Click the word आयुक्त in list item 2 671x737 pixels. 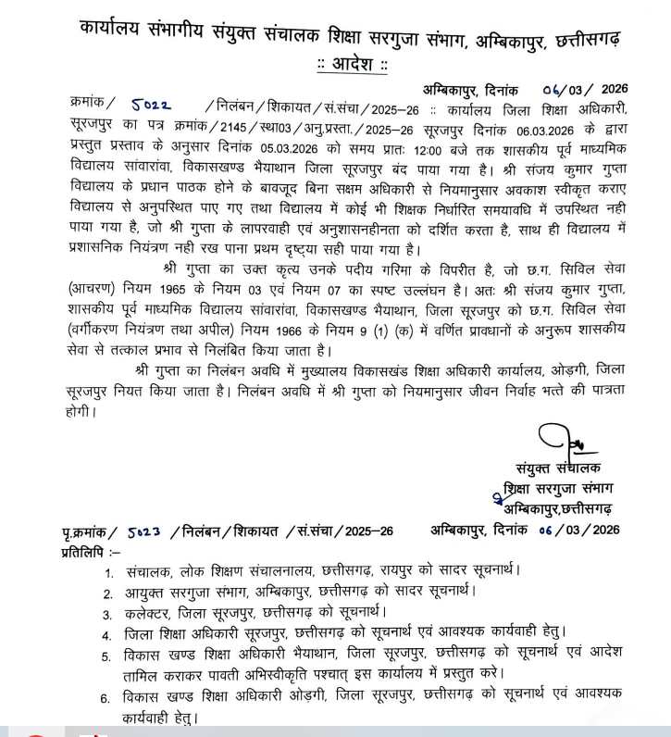(x=151, y=592)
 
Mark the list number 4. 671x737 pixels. (x=108, y=635)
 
